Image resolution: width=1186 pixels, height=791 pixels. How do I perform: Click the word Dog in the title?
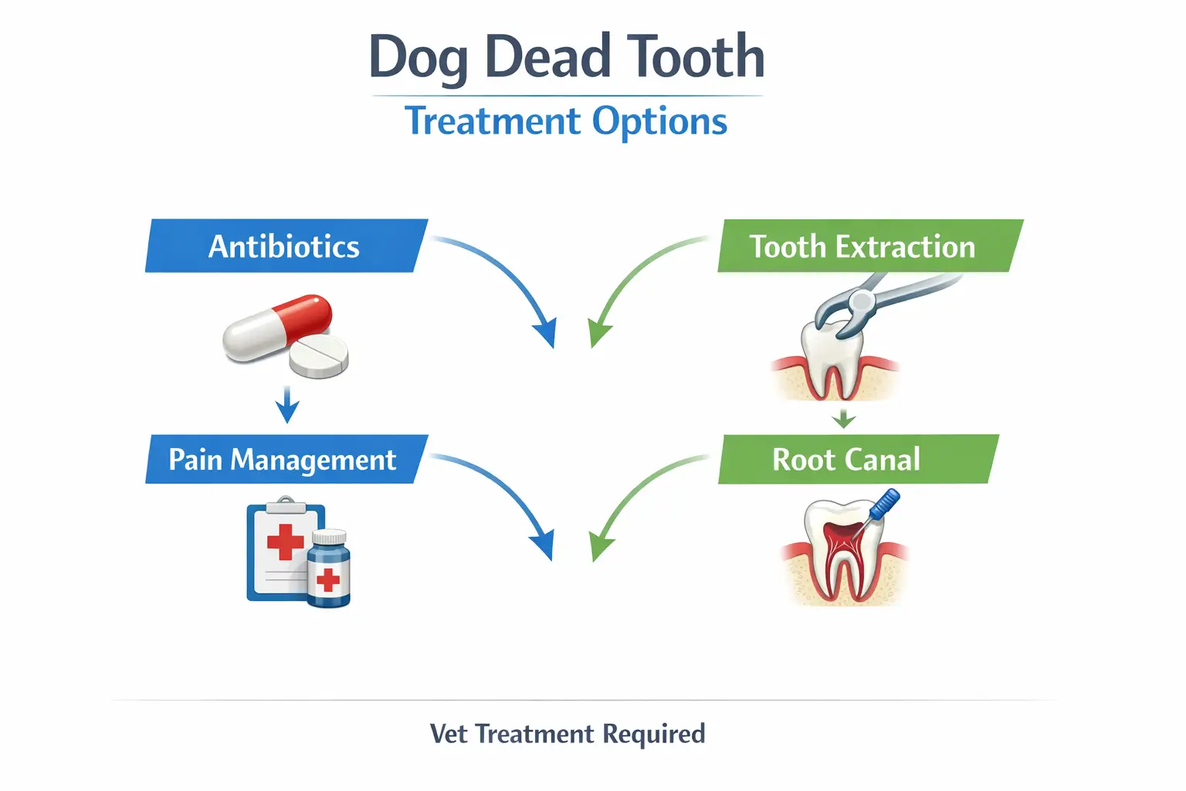pyautogui.click(x=418, y=58)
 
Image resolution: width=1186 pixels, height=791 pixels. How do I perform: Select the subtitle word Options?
pyautogui.click(x=659, y=121)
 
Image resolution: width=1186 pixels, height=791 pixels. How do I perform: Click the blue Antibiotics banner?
pyautogui.click(x=285, y=246)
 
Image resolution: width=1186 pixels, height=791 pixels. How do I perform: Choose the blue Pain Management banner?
pyautogui.click(x=283, y=460)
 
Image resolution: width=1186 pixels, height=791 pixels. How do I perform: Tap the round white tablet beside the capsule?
pyautogui.click(x=319, y=356)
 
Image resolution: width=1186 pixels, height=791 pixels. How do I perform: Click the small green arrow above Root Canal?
pyautogui.click(x=844, y=419)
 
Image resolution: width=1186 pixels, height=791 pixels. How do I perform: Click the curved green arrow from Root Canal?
pyautogui.click(x=634, y=494)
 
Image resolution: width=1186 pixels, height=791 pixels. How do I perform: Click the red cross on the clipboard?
pyautogui.click(x=286, y=541)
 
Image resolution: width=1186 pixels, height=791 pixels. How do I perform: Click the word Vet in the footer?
pyautogui.click(x=449, y=734)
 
